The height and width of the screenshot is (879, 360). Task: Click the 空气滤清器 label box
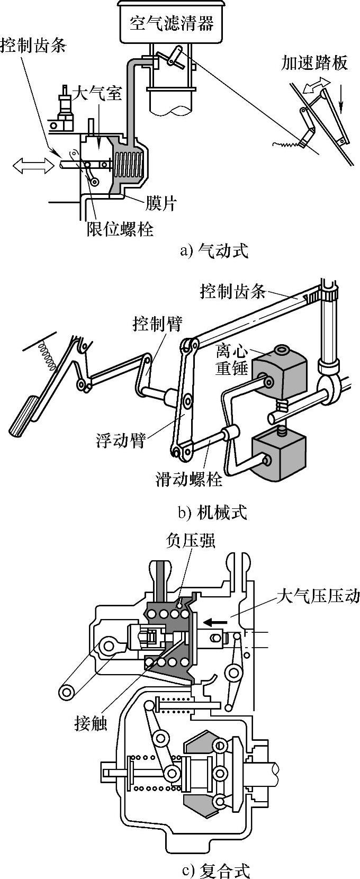[x=172, y=22]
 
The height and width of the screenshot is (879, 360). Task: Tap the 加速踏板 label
[x=315, y=64]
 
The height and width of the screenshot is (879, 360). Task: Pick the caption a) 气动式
[x=214, y=250]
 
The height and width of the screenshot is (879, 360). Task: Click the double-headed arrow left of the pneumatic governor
[x=34, y=166]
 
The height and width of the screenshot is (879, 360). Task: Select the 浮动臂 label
[x=121, y=440]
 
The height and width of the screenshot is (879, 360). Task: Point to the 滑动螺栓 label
[x=189, y=479]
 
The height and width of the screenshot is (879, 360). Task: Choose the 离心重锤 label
[x=232, y=360]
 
